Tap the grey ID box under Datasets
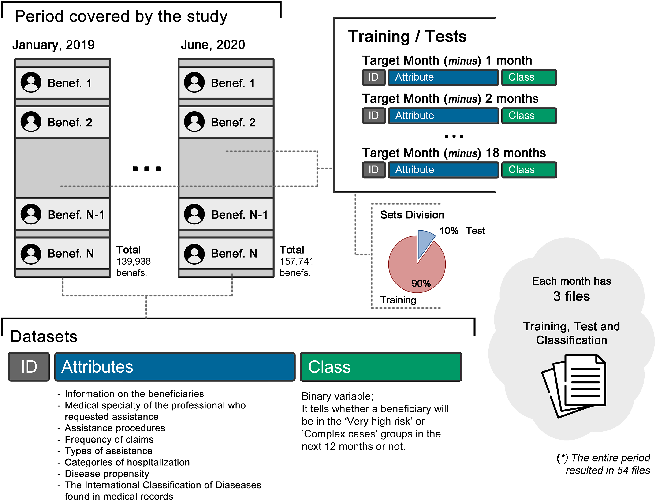29,366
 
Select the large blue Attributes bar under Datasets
175,366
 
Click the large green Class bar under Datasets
381,366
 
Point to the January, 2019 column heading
53,45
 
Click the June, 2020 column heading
213,45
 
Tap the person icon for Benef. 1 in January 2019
31,82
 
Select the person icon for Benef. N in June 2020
194,254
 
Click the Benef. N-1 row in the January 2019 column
63,214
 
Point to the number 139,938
134,262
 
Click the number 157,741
297,262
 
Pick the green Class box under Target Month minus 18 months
529,170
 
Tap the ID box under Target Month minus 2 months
374,116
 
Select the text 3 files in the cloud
571,296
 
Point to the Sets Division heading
412,215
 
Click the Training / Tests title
407,36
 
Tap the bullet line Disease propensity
107,474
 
